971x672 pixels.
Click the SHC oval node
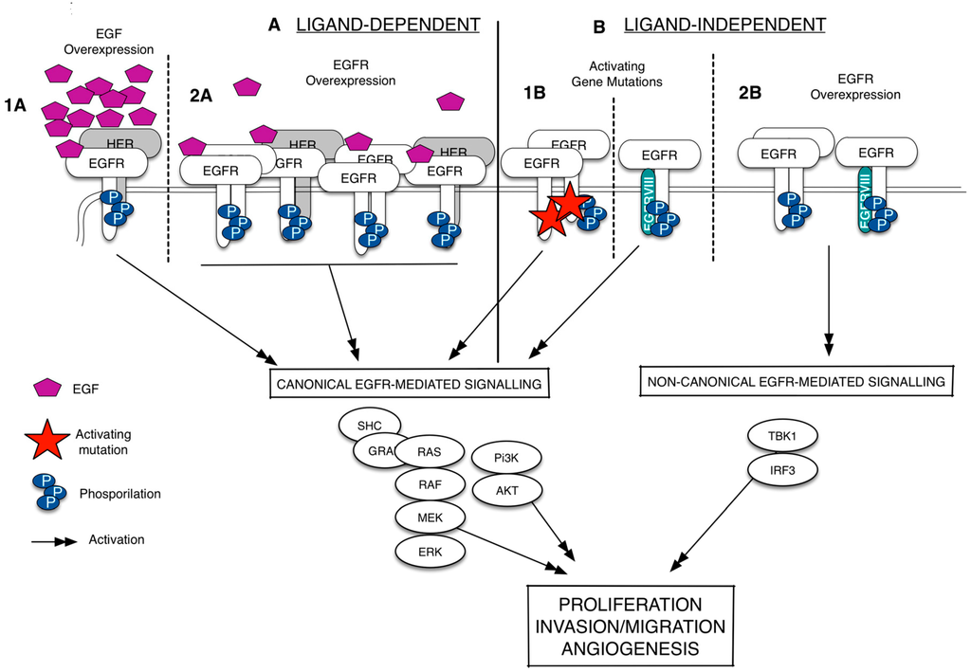click(368, 426)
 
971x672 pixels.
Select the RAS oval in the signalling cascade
click(429, 453)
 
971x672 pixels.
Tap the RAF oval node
click(429, 485)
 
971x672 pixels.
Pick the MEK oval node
click(429, 518)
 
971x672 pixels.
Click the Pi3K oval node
click(506, 457)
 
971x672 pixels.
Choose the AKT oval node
click(506, 488)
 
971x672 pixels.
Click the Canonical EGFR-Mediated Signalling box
click(410, 383)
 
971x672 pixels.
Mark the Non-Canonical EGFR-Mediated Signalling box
click(796, 382)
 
